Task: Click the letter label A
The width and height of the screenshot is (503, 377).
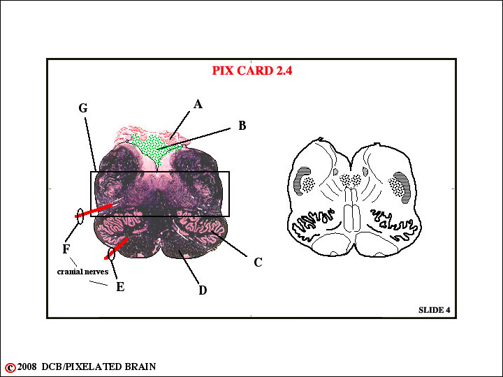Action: tap(198, 104)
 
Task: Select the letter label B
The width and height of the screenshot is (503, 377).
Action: tap(242, 126)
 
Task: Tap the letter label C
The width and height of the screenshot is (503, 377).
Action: tap(258, 263)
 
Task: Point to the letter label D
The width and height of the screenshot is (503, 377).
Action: tap(203, 290)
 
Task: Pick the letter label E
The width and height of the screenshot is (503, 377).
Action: tap(120, 287)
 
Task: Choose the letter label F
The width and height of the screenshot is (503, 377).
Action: tap(66, 249)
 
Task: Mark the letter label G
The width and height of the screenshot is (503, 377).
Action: tap(83, 108)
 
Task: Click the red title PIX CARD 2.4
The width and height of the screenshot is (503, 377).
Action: tap(252, 71)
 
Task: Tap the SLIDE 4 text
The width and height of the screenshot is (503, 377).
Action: tap(435, 310)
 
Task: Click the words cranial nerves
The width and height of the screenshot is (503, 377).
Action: tap(82, 272)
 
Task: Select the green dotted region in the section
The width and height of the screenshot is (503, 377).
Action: tap(156, 148)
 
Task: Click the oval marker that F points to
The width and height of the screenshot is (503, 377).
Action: tap(80, 216)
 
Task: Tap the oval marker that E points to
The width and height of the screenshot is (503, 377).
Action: tap(111, 253)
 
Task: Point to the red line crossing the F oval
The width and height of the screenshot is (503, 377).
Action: tap(94, 211)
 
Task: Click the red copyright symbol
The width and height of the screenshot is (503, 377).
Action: tap(10, 367)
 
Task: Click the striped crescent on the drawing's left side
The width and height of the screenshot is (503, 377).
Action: tap(300, 180)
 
